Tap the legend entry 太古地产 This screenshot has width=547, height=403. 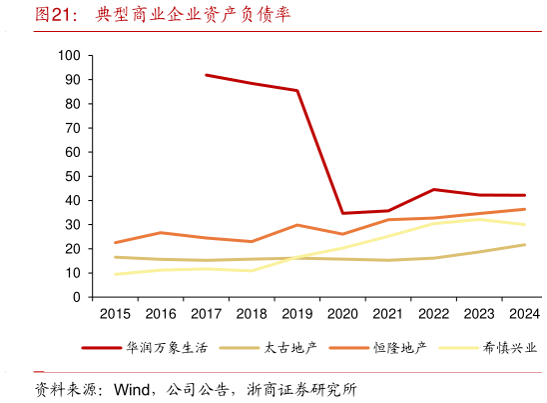(289, 348)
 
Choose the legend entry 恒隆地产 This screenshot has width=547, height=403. (400, 348)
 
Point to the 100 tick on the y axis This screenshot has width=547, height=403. (69, 55)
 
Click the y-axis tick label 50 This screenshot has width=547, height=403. (73, 176)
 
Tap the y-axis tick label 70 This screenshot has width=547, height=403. (73, 128)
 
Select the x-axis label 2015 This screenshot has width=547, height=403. (115, 314)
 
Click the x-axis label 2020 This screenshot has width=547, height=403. (343, 314)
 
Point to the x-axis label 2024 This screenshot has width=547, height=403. (525, 314)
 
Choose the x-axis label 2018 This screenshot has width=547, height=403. (252, 314)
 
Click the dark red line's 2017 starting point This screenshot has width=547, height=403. (207, 75)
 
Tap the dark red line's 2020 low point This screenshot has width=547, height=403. (343, 213)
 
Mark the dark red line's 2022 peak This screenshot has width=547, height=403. (434, 189)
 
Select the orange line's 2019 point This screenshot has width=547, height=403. (297, 225)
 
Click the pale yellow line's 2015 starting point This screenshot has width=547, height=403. (115, 274)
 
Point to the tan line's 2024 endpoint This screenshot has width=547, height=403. (525, 245)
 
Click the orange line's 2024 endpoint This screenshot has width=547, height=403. (525, 209)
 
